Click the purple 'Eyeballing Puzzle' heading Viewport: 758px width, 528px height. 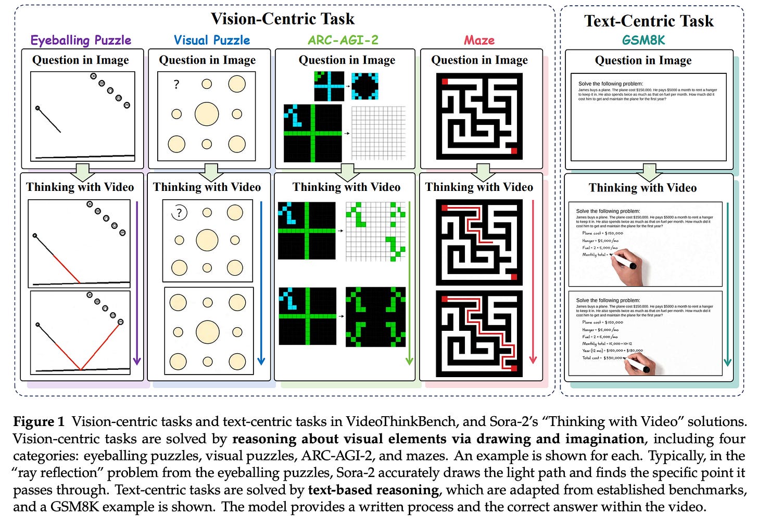tap(81, 40)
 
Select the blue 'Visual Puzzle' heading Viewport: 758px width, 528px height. tap(212, 40)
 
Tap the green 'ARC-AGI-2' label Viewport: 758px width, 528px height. tap(343, 40)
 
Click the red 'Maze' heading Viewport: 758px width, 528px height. tap(479, 40)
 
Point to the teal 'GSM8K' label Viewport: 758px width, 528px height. tap(643, 40)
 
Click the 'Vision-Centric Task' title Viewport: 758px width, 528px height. tap(283, 19)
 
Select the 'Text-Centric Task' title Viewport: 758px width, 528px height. tap(649, 21)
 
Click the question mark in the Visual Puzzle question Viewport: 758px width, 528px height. tap(176, 84)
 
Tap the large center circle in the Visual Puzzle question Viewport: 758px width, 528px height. tap(207, 114)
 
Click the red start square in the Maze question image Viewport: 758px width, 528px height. tap(445, 82)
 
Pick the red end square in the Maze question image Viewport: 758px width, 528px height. tap(514, 151)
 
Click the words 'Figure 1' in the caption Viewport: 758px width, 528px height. tap(39, 421)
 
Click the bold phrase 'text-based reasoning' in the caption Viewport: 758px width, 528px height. tap(374, 490)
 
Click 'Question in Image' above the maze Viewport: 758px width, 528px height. tap(479, 60)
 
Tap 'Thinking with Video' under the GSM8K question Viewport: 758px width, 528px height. tap(642, 188)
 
